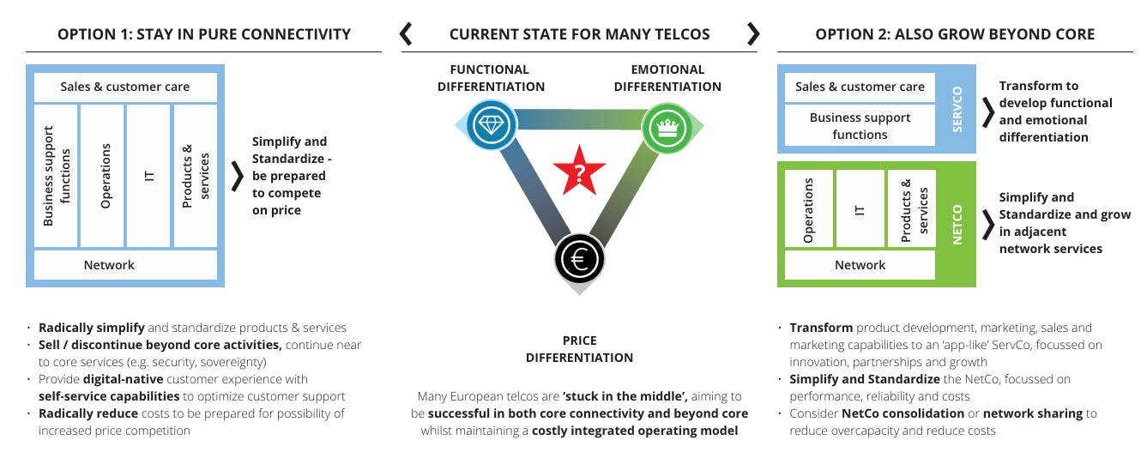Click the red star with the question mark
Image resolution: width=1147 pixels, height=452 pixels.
pos(579,174)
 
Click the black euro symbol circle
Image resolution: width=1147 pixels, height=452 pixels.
pos(579,257)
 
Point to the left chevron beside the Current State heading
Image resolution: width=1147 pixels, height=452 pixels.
pos(407,34)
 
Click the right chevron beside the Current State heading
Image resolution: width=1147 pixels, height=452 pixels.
pos(753,34)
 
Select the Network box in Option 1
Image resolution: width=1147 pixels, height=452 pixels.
pos(109,265)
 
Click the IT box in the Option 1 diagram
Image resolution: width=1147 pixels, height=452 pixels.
pos(148,176)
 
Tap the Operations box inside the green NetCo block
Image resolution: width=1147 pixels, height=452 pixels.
pos(808,209)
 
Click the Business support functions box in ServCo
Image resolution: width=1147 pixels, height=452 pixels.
pos(860,126)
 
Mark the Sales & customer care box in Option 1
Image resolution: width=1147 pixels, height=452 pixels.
pos(125,87)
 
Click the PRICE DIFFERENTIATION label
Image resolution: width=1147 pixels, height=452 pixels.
pos(579,349)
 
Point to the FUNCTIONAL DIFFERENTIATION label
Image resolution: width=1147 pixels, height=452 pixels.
pos(491,78)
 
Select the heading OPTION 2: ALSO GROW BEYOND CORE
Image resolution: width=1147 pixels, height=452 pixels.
pos(955,34)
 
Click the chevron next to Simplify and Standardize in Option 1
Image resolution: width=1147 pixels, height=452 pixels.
pos(238,176)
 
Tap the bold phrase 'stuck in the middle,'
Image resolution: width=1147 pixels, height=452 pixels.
pos(623,396)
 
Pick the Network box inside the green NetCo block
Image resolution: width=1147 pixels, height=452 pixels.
pos(860,265)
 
